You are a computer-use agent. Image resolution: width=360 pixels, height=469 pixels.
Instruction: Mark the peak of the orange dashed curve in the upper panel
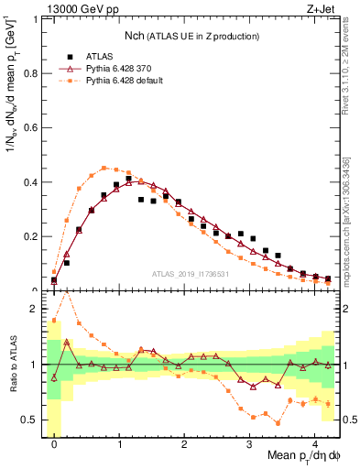(104, 168)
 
